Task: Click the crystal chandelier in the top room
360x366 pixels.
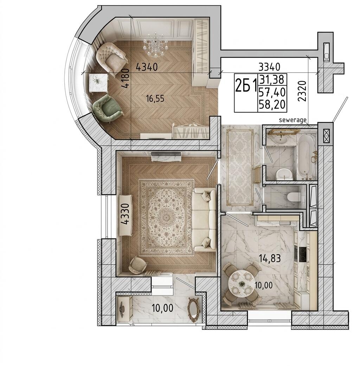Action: point(155,45)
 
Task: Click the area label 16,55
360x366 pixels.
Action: point(155,99)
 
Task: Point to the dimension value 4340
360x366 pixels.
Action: point(147,67)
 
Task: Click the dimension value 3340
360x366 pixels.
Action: point(269,67)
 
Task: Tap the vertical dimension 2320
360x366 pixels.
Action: point(302,91)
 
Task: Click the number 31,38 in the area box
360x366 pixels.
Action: point(272,80)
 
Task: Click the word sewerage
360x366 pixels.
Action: point(292,120)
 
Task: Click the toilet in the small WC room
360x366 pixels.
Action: point(294,196)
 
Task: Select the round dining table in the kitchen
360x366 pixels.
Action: point(241,284)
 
